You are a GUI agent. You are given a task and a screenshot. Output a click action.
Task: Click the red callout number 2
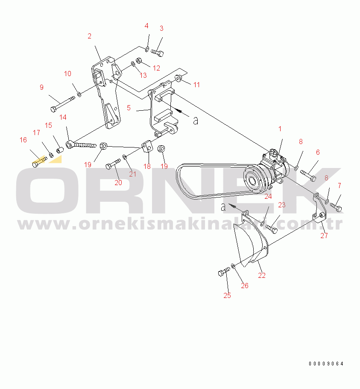[x=89, y=36]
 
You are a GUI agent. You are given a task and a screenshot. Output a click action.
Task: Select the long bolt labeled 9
[x=63, y=104]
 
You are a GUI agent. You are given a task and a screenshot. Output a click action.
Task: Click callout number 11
[x=196, y=85]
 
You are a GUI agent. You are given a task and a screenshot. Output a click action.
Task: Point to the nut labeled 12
[x=139, y=60]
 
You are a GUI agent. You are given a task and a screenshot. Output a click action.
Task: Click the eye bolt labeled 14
[x=81, y=144]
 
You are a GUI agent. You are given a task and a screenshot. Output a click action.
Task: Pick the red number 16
[x=23, y=140]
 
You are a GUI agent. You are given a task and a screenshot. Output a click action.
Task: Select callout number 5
[x=129, y=108]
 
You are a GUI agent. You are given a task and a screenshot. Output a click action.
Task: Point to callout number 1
[x=280, y=129]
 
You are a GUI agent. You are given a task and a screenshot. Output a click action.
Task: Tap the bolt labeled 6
[x=308, y=175]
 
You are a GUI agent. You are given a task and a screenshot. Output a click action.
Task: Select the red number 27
[x=324, y=236]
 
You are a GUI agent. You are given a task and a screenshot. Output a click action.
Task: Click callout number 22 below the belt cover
[x=262, y=275]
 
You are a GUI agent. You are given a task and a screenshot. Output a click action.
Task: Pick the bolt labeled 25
[x=224, y=271]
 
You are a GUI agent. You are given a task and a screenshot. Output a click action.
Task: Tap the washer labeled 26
[x=233, y=266]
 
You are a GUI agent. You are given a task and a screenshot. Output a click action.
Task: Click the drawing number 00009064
[x=326, y=364]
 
